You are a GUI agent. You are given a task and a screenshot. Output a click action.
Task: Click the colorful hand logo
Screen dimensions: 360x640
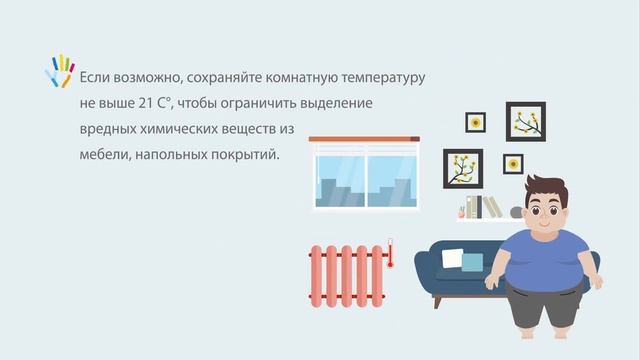61,70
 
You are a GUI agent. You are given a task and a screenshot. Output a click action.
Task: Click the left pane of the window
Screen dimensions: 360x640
339,181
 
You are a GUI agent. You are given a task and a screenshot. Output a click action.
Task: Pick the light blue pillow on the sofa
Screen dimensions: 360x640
473,262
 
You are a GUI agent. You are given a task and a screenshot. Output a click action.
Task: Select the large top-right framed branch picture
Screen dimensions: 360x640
525,121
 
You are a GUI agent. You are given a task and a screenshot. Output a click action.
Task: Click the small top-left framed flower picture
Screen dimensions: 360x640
476,122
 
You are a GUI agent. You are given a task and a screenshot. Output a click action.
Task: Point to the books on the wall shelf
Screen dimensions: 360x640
489,207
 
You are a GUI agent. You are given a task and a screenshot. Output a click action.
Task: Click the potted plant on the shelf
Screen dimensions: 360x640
463,211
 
